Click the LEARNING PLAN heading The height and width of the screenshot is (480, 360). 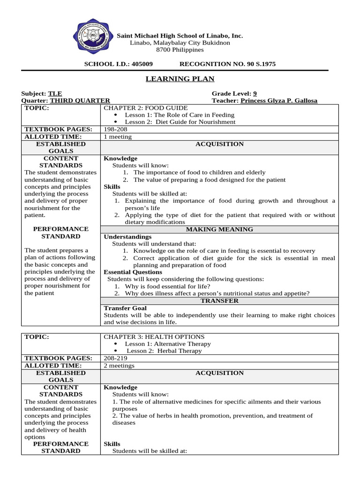tap(180, 79)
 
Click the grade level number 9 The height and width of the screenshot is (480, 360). tap(255, 94)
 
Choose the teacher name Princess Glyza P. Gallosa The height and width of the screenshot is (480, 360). tap(278, 101)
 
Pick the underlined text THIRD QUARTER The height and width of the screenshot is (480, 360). tap(80, 101)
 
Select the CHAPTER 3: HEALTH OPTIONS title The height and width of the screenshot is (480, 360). tap(154, 337)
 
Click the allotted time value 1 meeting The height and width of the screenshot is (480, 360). tap(118, 136)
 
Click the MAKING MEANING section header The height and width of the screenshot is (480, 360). tap(219, 229)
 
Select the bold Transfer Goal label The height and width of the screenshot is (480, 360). tap(125, 308)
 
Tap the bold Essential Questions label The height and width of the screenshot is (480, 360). tap(133, 272)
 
